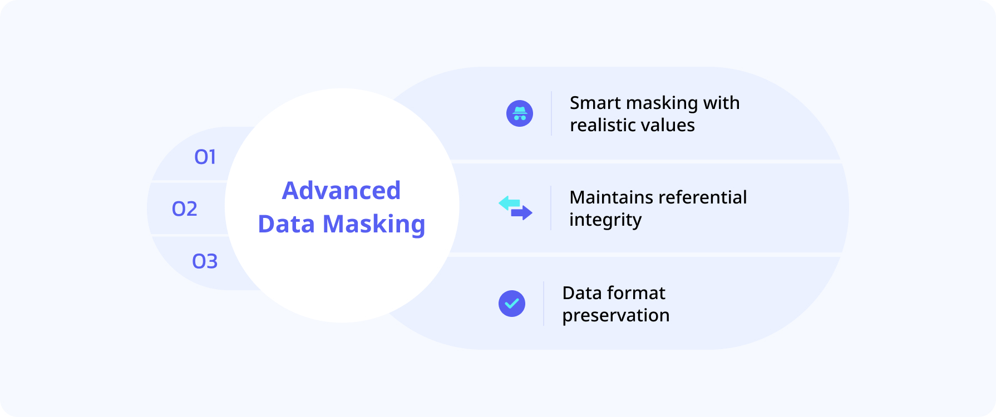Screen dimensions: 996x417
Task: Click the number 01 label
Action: (205, 157)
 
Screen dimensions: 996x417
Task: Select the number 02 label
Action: (185, 209)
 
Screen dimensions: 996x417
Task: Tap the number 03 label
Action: (205, 261)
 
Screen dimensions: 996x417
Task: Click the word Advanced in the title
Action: (341, 190)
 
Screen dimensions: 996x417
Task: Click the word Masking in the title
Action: (374, 225)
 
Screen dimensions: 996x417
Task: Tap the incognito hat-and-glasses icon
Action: (520, 113)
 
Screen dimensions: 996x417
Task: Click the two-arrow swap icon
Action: (515, 208)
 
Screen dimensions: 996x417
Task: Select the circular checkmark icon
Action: (512, 304)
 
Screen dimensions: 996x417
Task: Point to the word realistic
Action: (601, 125)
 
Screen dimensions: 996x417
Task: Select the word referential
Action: (703, 197)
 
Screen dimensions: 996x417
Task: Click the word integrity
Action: (605, 220)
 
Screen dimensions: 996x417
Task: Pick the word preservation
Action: (616, 316)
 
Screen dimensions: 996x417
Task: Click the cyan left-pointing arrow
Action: (509, 203)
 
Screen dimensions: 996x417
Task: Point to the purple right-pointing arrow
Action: (522, 213)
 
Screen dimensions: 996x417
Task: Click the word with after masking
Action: (721, 103)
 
